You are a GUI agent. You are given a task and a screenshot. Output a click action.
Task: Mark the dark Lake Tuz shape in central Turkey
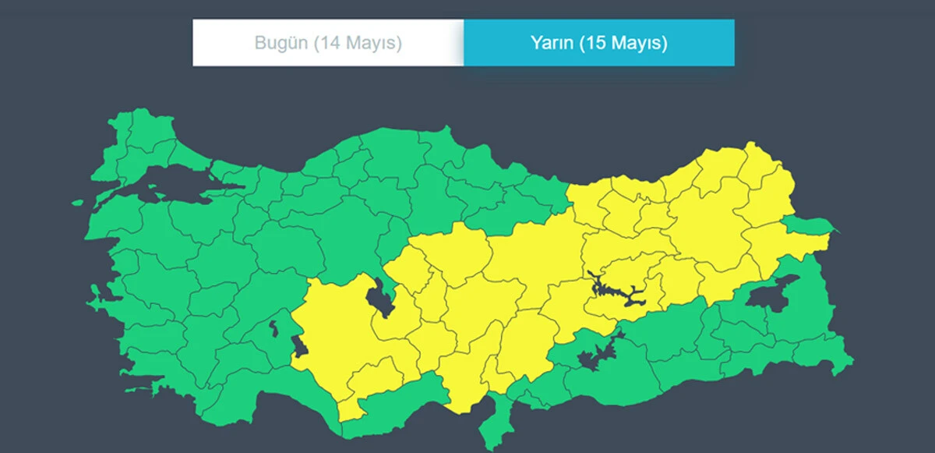tap(379, 299)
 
